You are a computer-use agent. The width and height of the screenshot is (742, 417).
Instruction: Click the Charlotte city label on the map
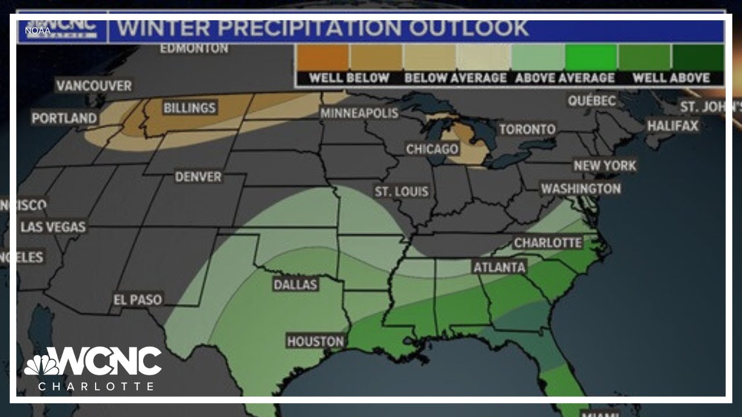tap(548, 243)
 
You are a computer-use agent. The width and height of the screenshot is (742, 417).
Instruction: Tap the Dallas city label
tap(296, 284)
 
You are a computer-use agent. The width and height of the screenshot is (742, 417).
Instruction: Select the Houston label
tap(315, 342)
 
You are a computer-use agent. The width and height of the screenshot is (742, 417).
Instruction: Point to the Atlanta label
tap(499, 268)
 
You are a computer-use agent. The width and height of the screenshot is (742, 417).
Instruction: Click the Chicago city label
tap(432, 149)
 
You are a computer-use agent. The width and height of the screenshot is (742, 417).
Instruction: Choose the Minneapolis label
tap(359, 113)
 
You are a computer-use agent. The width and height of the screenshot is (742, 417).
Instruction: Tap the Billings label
tap(189, 108)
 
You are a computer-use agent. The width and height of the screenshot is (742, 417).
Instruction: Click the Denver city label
tap(198, 177)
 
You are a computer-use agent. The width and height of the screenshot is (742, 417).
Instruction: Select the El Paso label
tap(137, 300)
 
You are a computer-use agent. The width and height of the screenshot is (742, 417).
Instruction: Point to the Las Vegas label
tap(53, 227)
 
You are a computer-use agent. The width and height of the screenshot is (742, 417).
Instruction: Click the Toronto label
tap(528, 129)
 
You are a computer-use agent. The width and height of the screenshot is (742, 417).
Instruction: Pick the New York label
tap(605, 166)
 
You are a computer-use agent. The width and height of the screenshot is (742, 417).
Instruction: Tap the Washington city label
tap(581, 189)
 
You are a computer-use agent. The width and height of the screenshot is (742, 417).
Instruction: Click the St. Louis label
tap(402, 192)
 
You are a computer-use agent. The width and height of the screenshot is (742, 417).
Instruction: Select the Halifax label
tap(672, 126)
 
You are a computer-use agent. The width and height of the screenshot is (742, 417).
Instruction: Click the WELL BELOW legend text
tap(349, 78)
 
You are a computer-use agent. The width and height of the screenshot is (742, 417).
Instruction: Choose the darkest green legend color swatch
tap(697, 57)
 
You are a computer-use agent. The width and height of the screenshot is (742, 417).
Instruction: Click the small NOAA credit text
tap(37, 31)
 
